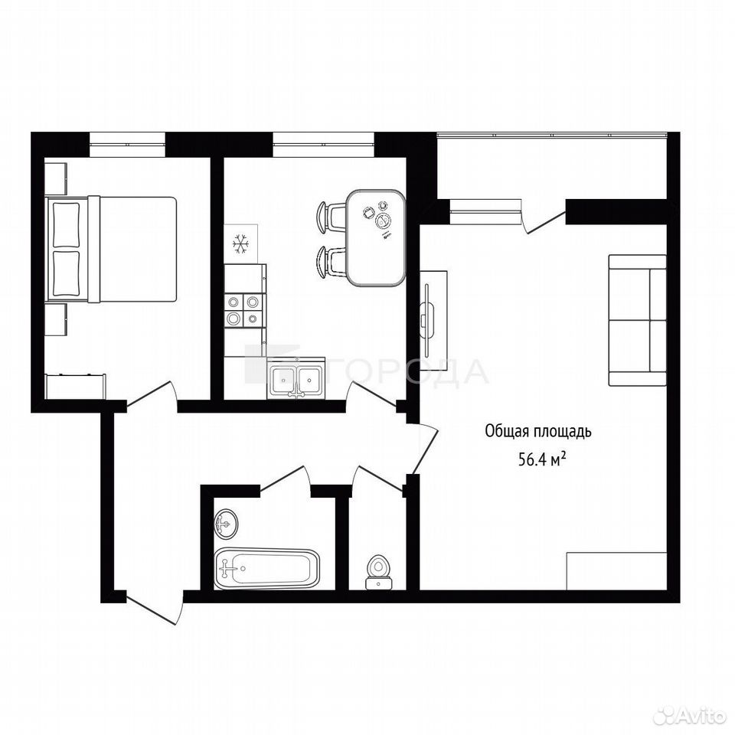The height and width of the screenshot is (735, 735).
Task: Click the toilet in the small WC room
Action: point(378,572)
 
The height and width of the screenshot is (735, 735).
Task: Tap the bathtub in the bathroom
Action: point(267,569)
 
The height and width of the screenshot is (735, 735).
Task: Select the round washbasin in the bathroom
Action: point(227,523)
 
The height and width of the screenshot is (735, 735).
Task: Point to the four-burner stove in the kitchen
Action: point(243,310)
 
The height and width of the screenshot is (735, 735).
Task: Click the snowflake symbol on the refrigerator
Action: point(240,244)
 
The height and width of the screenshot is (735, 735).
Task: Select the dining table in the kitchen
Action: point(376,237)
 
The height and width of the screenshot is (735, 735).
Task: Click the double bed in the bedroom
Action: point(111,249)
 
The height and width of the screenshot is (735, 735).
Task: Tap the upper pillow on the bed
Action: point(66,224)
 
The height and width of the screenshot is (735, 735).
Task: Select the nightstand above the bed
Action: point(56,178)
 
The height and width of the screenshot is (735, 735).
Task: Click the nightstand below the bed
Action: point(56,320)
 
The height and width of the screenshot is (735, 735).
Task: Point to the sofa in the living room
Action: point(637,320)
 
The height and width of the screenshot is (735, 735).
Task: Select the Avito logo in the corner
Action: point(689,716)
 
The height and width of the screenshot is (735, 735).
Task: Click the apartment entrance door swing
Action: point(155,609)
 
